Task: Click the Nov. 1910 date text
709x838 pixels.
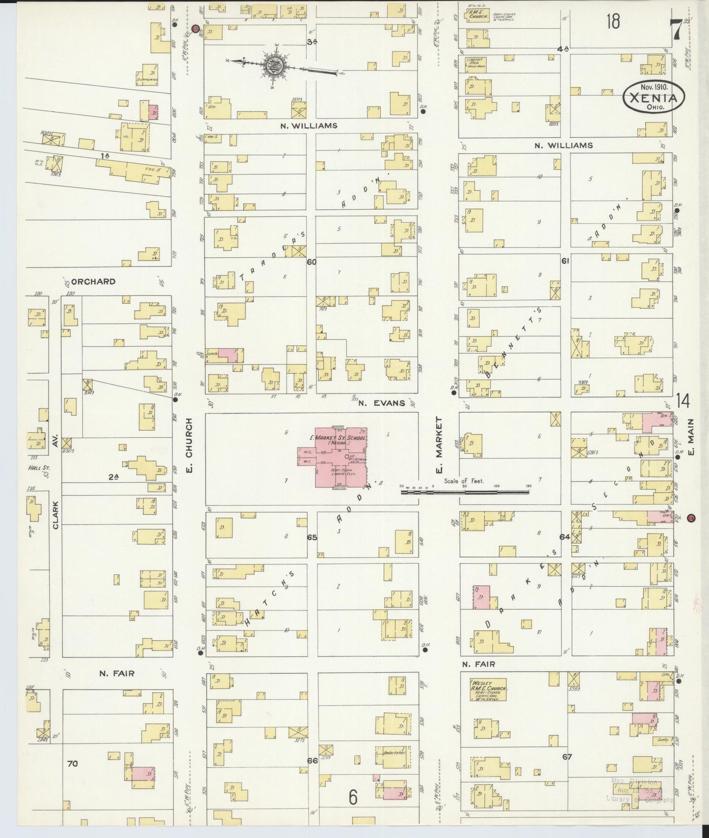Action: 652,87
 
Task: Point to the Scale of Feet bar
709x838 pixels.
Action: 466,490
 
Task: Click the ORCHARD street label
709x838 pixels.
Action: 93,282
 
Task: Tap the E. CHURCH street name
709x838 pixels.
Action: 189,445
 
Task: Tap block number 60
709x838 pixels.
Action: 312,262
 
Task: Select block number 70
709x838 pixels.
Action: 73,764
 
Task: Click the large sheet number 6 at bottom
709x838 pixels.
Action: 352,798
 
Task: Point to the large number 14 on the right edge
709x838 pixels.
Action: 683,401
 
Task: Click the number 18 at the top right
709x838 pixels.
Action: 613,22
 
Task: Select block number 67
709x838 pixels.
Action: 567,757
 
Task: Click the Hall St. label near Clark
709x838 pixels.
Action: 39,468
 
